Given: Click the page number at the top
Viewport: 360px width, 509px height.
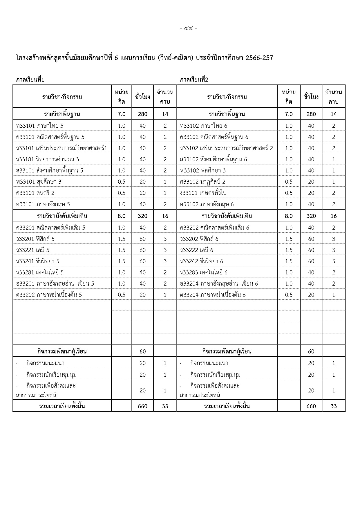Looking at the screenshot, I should pyautogui.click(x=189, y=28).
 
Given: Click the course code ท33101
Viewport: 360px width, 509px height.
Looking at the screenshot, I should pyautogui.click(x=26, y=126).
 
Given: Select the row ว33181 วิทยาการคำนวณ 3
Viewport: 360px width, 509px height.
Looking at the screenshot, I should pyautogui.click(x=48, y=159).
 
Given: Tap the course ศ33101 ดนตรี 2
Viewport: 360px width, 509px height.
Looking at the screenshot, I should pyautogui.click(x=35, y=193).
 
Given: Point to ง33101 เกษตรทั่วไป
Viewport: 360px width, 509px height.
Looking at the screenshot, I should pyautogui.click(x=203, y=193).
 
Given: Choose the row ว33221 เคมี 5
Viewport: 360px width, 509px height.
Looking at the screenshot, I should pyautogui.click(x=33, y=250).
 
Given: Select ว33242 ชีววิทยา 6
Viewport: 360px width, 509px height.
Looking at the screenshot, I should pyautogui.click(x=201, y=261).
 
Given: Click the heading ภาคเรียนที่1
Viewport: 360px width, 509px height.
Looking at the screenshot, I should pyautogui.click(x=30, y=80).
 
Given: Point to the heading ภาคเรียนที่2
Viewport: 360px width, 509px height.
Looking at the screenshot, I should pyautogui.click(x=194, y=80).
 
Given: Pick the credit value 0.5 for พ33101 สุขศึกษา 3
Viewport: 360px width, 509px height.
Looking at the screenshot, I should pyautogui.click(x=122, y=182).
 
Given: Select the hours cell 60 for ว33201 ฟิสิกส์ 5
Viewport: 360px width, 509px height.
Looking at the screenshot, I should pyautogui.click(x=142, y=239).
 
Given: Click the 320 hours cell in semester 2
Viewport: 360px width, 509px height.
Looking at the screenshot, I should pyautogui.click(x=311, y=216).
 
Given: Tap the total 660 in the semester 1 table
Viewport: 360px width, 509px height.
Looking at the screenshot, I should pyautogui.click(x=142, y=406).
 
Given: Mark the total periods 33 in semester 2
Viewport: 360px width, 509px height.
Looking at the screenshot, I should pyautogui.click(x=334, y=406).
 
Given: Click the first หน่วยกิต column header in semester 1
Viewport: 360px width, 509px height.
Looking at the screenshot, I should pyautogui.click(x=122, y=97).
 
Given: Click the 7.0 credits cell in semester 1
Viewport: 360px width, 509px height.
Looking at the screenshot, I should pyautogui.click(x=122, y=114).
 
